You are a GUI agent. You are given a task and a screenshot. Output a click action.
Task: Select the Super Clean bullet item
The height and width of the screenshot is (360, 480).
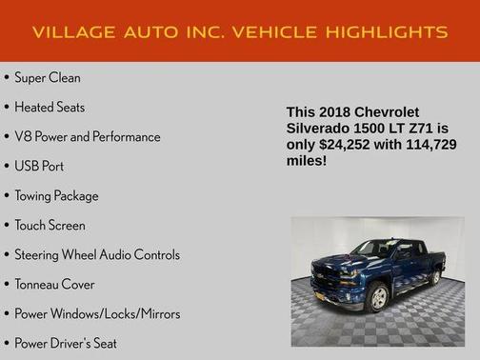tap(48, 77)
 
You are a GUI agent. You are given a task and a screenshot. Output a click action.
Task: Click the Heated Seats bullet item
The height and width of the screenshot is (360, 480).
tap(50, 107)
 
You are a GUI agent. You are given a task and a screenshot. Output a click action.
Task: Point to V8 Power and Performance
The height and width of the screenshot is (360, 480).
tap(88, 136)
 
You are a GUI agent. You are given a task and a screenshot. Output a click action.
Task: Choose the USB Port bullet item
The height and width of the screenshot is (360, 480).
tap(39, 166)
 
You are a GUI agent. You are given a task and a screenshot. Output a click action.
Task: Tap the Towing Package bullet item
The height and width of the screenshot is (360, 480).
tap(56, 195)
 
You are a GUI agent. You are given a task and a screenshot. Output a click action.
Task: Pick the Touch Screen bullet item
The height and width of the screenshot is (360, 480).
tap(50, 225)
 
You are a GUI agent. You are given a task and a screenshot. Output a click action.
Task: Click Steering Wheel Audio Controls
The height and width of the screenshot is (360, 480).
tap(97, 254)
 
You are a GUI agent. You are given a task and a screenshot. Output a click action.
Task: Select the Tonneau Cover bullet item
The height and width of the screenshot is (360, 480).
tap(54, 284)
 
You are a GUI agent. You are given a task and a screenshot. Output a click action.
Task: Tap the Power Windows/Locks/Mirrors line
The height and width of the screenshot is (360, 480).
tap(97, 313)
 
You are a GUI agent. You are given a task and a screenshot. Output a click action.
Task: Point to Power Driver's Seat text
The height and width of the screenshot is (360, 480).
tap(66, 343)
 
